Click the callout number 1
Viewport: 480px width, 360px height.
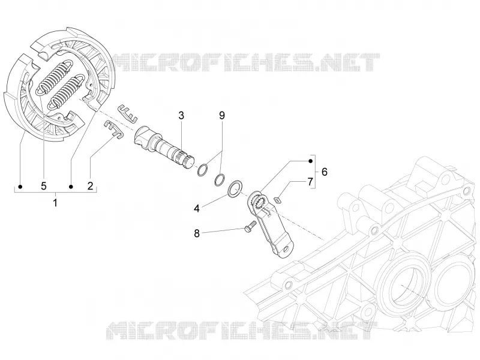coord(55,203)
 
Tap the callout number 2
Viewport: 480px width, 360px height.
coord(90,185)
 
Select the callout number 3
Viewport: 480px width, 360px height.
coord(181,116)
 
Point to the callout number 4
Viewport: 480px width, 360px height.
coord(197,208)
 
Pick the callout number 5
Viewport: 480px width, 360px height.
coord(43,185)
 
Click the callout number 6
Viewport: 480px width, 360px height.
coord(325,172)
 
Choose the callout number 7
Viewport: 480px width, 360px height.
coord(310,182)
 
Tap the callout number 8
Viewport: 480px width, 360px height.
coord(197,233)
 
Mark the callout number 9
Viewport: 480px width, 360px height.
coord(222,116)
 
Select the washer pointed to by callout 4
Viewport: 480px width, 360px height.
coord(235,189)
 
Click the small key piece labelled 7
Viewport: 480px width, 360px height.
coord(277,200)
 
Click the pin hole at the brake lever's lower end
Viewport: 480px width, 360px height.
coord(287,249)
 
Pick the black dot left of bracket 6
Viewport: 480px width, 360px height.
coord(310,161)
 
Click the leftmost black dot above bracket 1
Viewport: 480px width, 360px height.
coord(20,187)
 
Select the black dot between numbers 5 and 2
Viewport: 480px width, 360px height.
coord(71,187)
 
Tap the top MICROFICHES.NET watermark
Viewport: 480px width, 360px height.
coord(244,62)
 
